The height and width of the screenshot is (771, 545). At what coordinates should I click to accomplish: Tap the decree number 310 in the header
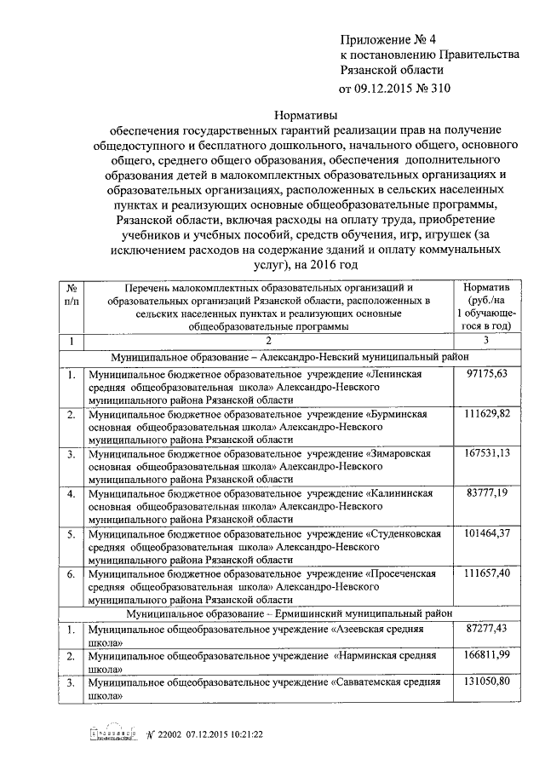[x=438, y=88]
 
